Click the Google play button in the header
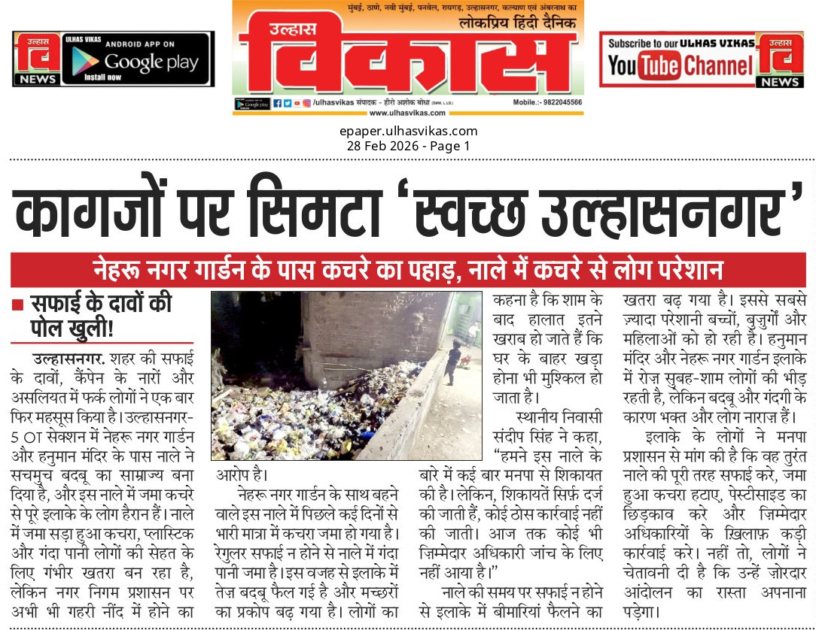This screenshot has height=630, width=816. [135, 59]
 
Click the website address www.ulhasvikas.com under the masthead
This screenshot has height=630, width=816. [407, 113]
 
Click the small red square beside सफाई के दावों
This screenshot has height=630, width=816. [17, 305]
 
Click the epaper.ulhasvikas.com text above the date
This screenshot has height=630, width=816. [408, 132]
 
